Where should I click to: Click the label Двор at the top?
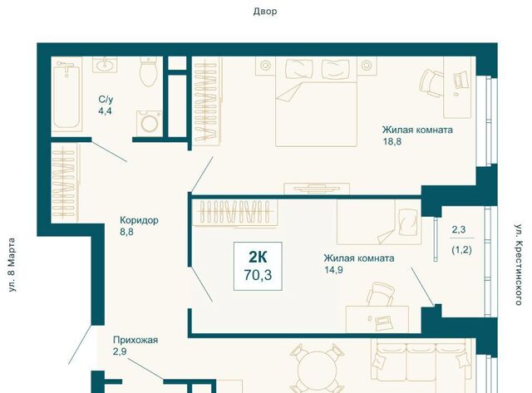(x=265, y=12)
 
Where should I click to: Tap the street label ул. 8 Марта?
(x=12, y=265)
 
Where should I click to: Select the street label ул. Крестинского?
(x=518, y=264)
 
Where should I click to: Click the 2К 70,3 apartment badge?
(x=258, y=266)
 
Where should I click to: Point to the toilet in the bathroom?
(x=148, y=71)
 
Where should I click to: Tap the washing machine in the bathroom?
(x=150, y=123)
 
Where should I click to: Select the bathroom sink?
(x=106, y=65)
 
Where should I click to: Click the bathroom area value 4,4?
(x=105, y=111)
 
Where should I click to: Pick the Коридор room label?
(x=139, y=220)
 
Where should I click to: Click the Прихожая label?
(x=135, y=340)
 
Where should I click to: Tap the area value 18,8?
(x=392, y=141)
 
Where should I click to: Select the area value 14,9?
(x=333, y=270)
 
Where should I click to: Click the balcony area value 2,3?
(x=459, y=230)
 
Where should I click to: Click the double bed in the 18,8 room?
(x=316, y=101)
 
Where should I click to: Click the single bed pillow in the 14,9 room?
(x=408, y=222)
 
